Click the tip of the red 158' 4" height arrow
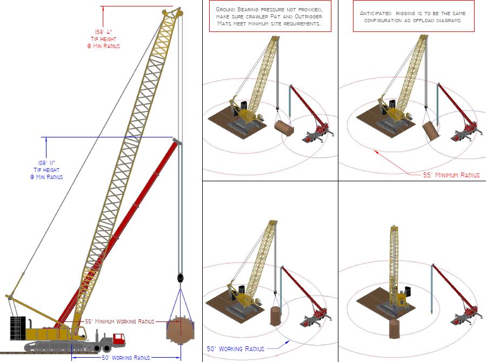pyautogui.click(x=103, y=6)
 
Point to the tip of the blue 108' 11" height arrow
pyautogui.click(x=46, y=137)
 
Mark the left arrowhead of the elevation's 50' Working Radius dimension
pyautogui.click(x=73, y=358)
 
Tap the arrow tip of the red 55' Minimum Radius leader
pyautogui.click(x=375, y=150)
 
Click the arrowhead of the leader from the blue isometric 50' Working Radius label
pyautogui.click(x=289, y=341)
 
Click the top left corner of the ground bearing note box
pyautogui.click(x=210, y=1)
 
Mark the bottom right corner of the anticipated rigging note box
pyautogui.click(x=475, y=31)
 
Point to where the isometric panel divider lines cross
pyautogui.click(x=338, y=181)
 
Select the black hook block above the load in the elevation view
pyautogui.click(x=180, y=278)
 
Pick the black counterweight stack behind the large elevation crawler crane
pyautogui.click(x=18, y=328)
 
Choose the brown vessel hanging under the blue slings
pyautogui.click(x=181, y=330)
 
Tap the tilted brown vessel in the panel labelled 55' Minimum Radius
pyautogui.click(x=430, y=131)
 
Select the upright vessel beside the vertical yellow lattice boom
pyautogui.click(x=394, y=329)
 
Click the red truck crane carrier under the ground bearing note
pyautogui.click(x=317, y=134)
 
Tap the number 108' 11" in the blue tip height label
pyautogui.click(x=46, y=163)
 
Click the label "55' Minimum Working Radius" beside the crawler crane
pyautogui.click(x=119, y=321)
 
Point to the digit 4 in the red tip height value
pyautogui.click(x=109, y=31)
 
